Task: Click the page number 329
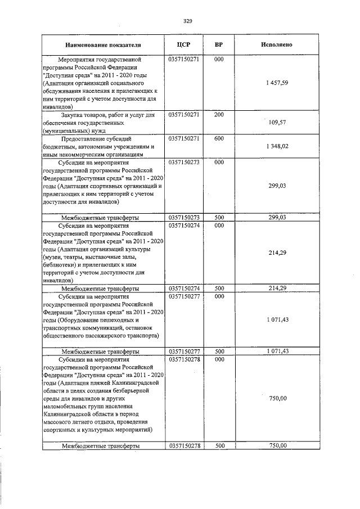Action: pos(188,21)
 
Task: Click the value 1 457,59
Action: pos(277,83)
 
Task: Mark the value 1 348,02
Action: pos(277,146)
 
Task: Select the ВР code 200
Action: pos(219,115)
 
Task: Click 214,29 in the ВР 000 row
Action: pos(277,253)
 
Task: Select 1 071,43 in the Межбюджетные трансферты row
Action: pos(277,351)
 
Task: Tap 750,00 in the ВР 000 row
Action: pos(277,398)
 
